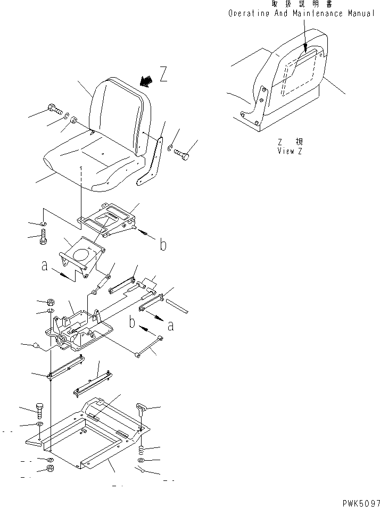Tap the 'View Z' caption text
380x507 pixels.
pos(290,151)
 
